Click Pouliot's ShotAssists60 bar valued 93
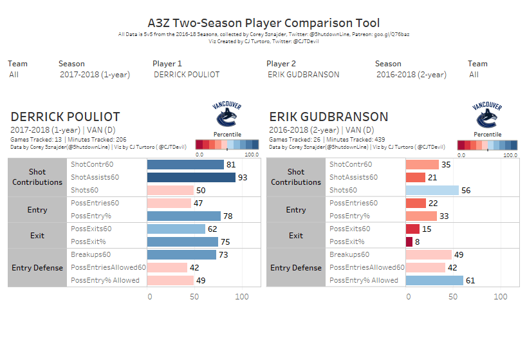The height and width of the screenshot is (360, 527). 191,177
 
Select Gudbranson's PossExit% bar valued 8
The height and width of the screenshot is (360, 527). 409,242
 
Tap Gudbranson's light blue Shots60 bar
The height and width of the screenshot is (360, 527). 432,190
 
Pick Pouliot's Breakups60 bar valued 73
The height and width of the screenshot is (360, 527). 181,254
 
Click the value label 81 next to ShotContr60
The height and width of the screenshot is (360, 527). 230,164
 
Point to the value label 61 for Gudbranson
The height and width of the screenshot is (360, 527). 470,280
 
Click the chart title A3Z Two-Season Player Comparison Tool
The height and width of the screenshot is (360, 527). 263,23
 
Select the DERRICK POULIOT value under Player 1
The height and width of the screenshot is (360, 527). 187,75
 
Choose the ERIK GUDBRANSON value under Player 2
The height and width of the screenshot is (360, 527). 303,75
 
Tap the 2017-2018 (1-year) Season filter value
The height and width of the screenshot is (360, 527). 95,75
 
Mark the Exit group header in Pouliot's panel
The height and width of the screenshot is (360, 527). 37,235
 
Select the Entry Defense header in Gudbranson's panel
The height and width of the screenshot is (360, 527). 296,267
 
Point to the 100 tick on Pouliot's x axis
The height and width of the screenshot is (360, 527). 241,296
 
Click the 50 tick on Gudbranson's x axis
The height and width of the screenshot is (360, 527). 454,296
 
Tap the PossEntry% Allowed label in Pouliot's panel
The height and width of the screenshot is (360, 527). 105,280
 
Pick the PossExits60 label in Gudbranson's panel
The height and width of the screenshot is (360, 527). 349,229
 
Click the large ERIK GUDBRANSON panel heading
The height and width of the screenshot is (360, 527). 328,117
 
